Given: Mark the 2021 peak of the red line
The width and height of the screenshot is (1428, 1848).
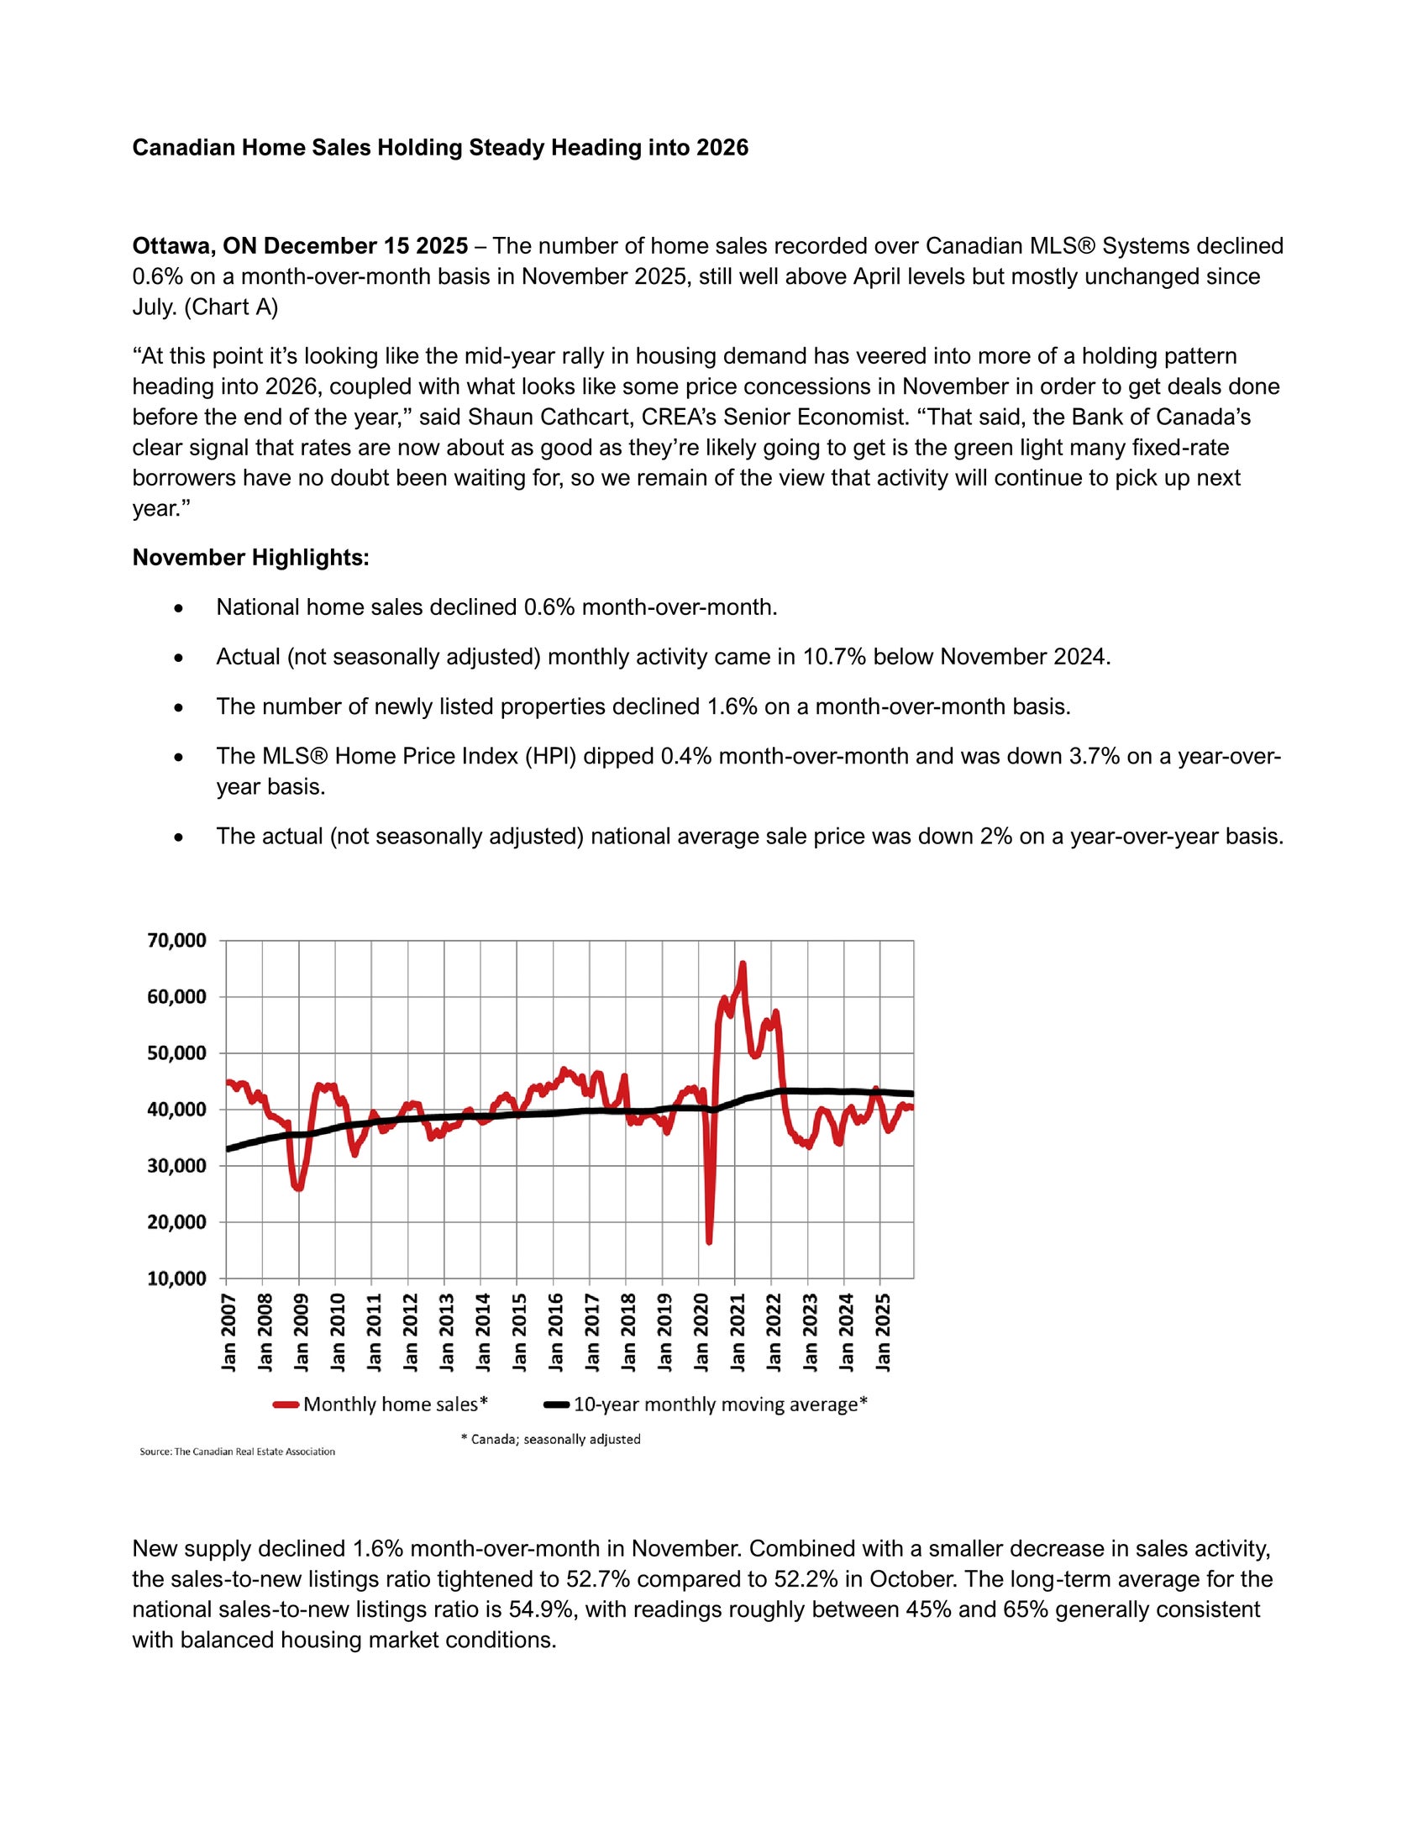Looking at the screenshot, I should [x=743, y=963].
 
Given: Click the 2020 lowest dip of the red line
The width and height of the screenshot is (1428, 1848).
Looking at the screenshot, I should [x=709, y=1242].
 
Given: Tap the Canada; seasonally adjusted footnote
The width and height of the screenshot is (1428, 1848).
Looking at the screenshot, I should [x=551, y=1439].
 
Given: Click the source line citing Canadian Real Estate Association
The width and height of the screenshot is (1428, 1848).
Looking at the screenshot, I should [x=238, y=1452].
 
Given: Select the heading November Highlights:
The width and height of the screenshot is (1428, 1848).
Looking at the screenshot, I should [x=250, y=558].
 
